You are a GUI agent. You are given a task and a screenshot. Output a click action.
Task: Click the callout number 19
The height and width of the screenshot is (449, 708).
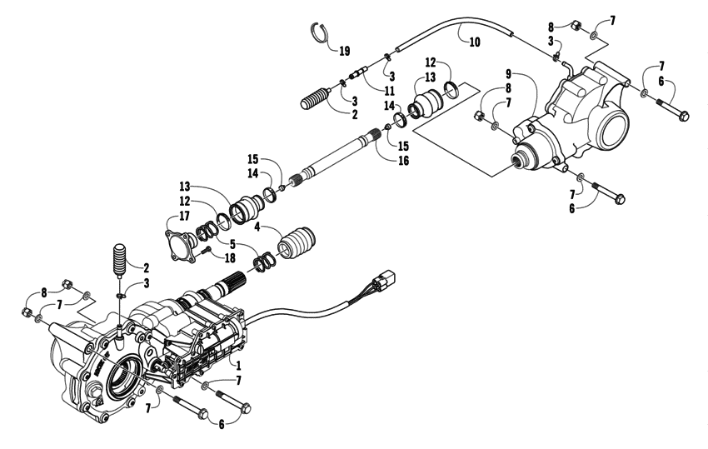click(344, 51)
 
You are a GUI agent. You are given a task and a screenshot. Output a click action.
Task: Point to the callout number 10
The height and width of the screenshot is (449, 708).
click(473, 41)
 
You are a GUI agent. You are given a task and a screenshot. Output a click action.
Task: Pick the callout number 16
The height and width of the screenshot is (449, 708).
click(404, 160)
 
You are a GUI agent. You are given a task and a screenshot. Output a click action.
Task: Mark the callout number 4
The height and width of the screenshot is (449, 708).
click(257, 226)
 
